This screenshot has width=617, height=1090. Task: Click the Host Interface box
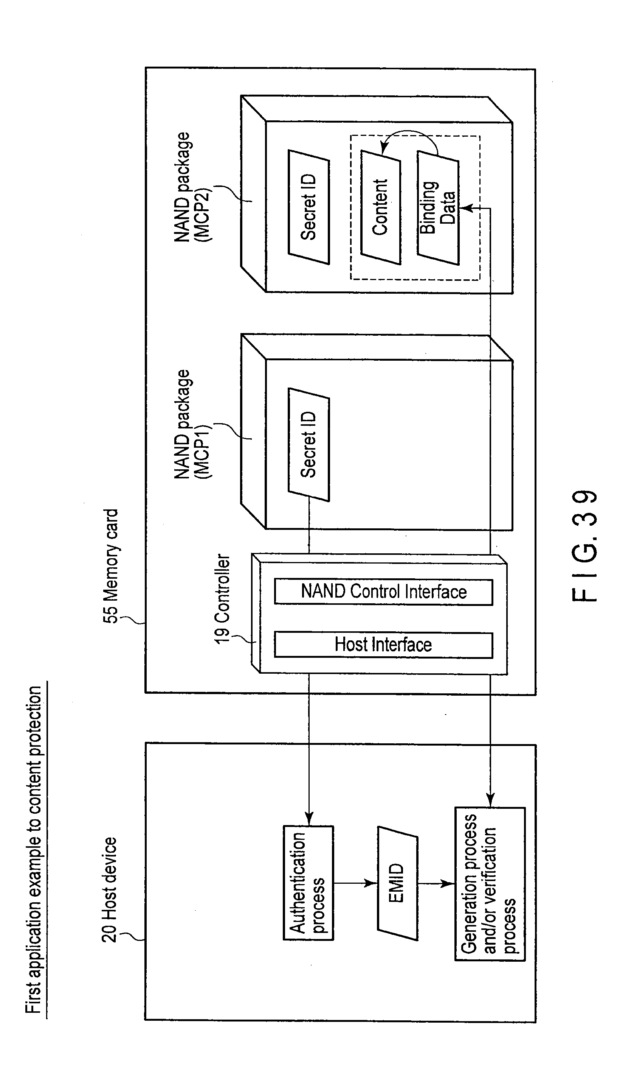(383, 645)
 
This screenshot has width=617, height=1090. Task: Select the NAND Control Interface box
(383, 592)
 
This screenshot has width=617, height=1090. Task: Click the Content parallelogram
(381, 207)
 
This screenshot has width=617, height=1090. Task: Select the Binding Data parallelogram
(438, 208)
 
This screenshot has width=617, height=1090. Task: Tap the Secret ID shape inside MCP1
(309, 444)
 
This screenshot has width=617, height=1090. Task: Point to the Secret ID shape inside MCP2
(309, 207)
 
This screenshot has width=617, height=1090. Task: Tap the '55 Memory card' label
(111, 566)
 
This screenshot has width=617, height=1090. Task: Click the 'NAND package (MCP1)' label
(193, 424)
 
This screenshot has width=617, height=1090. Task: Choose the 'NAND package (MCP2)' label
(193, 187)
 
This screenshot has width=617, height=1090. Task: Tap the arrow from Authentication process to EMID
(355, 883)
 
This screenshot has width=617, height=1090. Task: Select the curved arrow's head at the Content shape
(384, 148)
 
